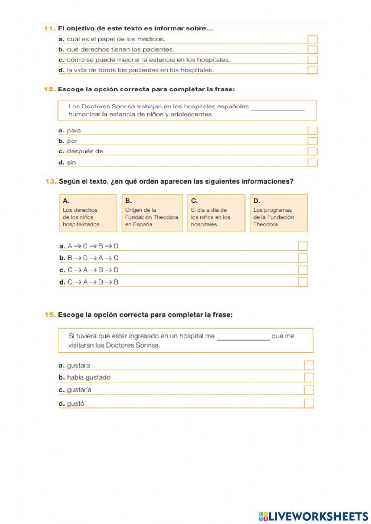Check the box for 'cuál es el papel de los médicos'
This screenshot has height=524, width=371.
point(312,39)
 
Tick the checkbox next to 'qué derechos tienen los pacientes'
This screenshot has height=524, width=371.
point(312,50)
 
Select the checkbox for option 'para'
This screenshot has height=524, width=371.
point(312,131)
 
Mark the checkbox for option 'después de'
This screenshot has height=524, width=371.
point(312,151)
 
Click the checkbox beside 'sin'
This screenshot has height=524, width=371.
point(312,162)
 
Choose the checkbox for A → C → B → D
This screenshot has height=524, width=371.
point(303,246)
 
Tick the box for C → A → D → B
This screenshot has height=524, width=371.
point(303,282)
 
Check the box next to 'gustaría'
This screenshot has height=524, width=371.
point(309,390)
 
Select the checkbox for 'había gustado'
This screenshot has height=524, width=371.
point(309,378)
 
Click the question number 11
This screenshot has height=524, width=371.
point(50,28)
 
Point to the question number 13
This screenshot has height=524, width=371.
point(51,181)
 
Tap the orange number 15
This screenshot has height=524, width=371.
point(50,315)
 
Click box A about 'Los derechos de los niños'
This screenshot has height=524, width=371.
point(88,213)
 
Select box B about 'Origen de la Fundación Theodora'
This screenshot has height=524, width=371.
point(152,213)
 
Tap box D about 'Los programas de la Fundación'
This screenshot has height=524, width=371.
point(279,213)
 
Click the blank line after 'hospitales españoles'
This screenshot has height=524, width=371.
point(278,108)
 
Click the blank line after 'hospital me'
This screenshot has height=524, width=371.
point(243,337)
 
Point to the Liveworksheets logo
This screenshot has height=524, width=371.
point(313,516)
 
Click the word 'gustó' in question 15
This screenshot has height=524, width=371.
point(76,404)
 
